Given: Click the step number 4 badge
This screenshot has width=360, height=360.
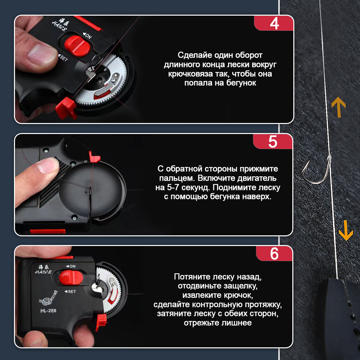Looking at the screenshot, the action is coord(274,23).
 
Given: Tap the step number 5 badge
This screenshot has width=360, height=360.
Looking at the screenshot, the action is coord(273,141).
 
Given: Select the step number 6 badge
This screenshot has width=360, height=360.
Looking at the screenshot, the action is coord(274,253).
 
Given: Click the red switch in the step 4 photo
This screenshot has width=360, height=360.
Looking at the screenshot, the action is coord(77,46).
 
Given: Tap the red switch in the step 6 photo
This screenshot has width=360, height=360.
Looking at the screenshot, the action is coord(71,277).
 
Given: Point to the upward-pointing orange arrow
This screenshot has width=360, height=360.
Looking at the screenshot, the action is coord(338,107).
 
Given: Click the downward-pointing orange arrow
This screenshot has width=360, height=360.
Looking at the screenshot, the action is coord(346,230).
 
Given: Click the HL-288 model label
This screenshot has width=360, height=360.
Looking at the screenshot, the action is coord(48,311).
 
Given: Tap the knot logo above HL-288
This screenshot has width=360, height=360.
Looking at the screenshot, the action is coord(48,298).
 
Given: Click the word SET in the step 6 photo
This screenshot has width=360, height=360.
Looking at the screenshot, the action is coord(72,291).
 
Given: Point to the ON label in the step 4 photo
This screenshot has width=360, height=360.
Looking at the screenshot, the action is coord(88,36).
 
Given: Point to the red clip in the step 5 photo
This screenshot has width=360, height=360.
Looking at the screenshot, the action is coord(94,157).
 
